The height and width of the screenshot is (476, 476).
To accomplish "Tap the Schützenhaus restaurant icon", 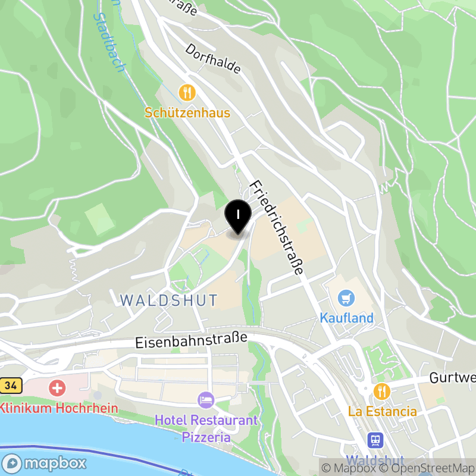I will pos(187,92).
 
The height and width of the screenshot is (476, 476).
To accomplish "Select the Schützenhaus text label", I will pos(187,112).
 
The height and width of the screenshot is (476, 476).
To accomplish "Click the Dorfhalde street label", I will pos(213,58).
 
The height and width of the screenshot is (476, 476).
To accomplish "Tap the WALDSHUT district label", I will pos(169,299).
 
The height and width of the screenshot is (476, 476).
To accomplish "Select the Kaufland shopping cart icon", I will pos(346,297).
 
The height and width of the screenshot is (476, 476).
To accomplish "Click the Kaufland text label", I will pos(347,318).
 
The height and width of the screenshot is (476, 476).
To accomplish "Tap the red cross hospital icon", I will pos(58,389).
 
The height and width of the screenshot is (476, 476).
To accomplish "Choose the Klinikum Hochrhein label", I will pos(59,409).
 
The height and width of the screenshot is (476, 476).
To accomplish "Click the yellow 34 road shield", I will pos(10,386).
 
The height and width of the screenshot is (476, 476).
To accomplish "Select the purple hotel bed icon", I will pos(206,400).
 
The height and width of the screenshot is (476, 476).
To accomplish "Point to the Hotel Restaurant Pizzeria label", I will pos(206,428).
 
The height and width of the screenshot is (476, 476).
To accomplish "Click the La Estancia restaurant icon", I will pos(381,391).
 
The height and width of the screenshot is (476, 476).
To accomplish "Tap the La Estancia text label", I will pos(383,411).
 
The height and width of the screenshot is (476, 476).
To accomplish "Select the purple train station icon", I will pos(375,440).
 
